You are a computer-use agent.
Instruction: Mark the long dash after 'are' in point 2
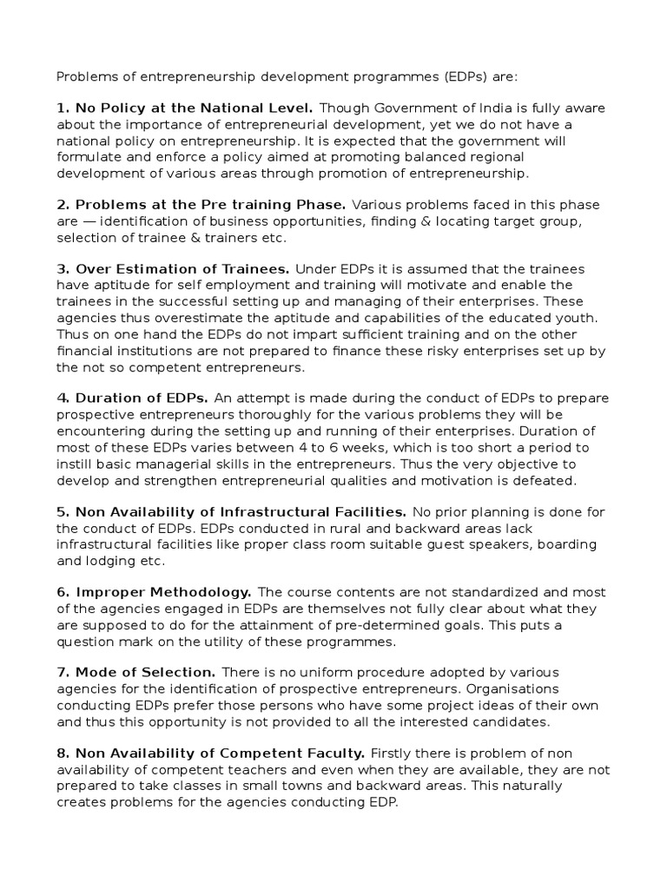[x=89, y=222]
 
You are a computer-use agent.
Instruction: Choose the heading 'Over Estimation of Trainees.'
[x=173, y=270]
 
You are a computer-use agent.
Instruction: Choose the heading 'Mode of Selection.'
[x=136, y=673]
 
